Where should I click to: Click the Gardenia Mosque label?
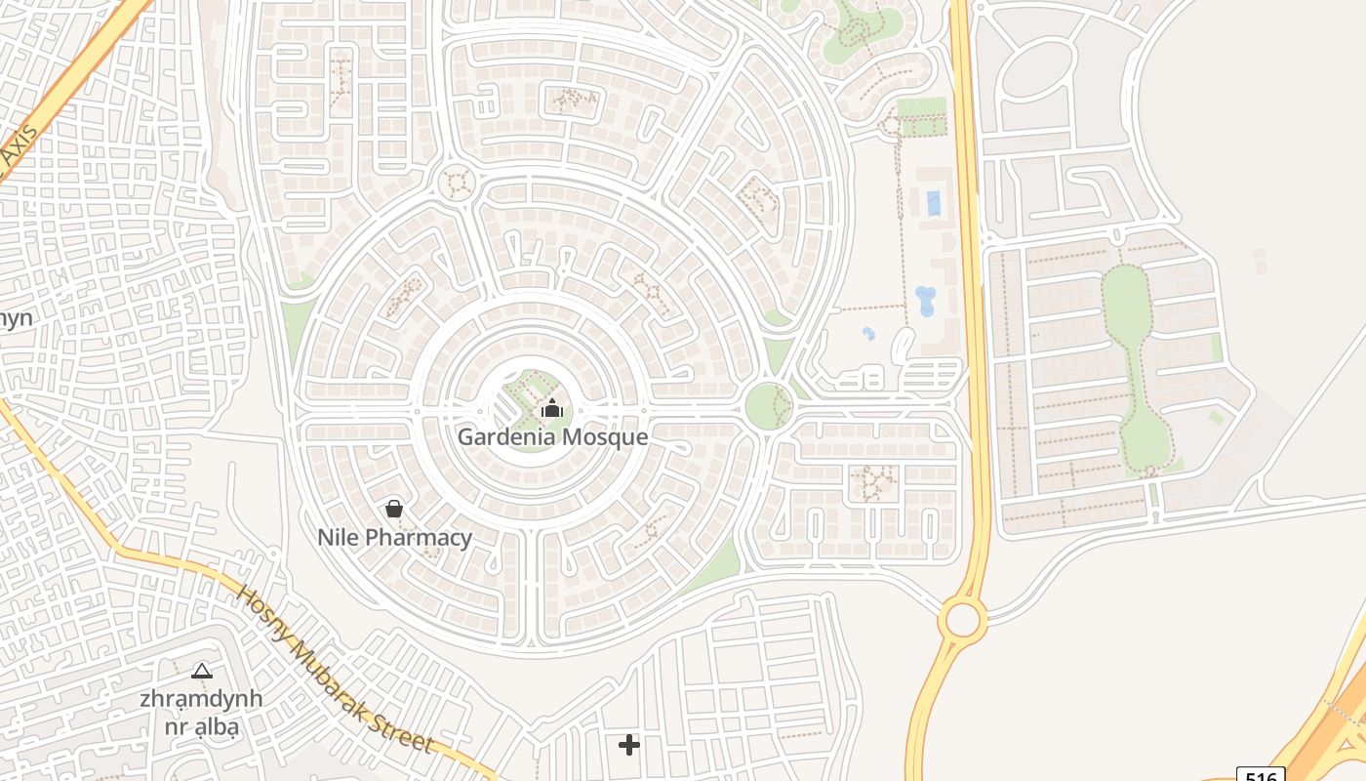click(552, 436)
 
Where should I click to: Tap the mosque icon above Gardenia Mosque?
click(552, 408)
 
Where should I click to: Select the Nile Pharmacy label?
click(394, 537)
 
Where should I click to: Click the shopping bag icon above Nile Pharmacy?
click(393, 509)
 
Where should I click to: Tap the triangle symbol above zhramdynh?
click(202, 671)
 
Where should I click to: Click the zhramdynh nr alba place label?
click(202, 713)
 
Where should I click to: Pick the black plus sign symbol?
click(629, 745)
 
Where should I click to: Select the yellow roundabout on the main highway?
click(962, 618)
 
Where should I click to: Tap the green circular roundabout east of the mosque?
click(768, 405)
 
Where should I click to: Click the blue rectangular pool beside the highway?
click(933, 203)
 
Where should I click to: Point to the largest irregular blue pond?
click(925, 301)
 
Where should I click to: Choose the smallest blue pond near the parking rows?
click(868, 334)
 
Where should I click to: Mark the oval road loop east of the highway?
click(1036, 70)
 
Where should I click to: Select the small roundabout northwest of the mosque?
click(456, 182)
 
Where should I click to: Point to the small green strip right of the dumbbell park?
click(1216, 347)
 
